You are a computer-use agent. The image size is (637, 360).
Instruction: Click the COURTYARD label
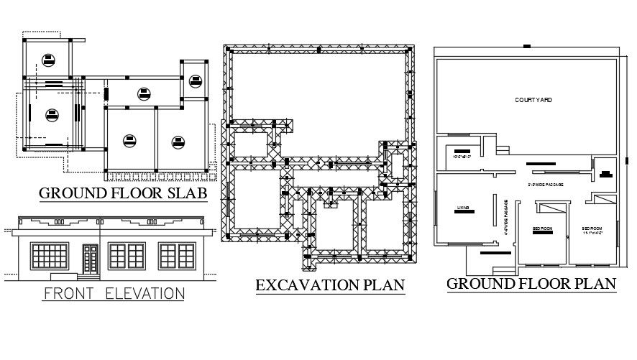(x=533, y=100)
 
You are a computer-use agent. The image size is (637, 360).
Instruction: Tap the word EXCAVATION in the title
(x=306, y=285)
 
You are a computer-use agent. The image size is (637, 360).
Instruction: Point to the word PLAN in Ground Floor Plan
(x=594, y=283)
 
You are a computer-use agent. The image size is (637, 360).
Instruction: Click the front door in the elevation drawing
(x=90, y=259)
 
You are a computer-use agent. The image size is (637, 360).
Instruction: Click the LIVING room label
(x=462, y=208)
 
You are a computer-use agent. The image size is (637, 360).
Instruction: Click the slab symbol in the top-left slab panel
(x=47, y=59)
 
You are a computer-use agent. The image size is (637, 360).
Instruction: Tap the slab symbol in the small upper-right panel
(x=196, y=80)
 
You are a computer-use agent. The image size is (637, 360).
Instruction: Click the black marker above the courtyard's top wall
(x=527, y=46)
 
